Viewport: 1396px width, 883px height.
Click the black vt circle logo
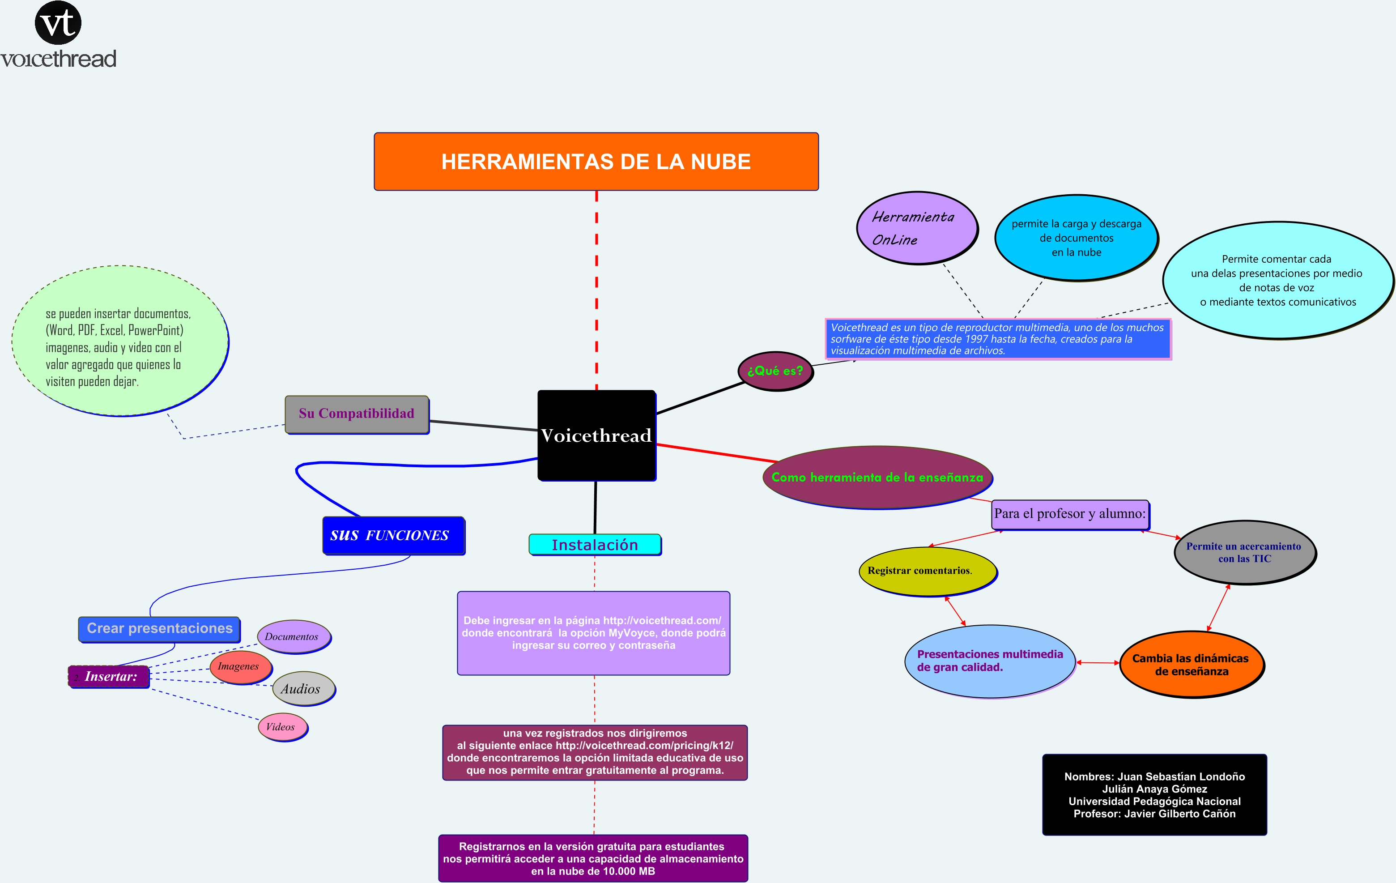pos(58,23)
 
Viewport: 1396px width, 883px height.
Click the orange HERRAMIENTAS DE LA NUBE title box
pos(596,161)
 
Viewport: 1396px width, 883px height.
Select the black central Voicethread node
pos(596,435)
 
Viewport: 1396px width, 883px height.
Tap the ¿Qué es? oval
pos(775,371)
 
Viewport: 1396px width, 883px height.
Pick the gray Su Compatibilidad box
pos(357,414)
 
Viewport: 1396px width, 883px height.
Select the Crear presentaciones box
pos(159,628)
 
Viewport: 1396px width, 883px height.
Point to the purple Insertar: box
pos(109,677)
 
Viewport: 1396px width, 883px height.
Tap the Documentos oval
pos(294,636)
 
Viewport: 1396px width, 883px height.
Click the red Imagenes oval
pos(240,667)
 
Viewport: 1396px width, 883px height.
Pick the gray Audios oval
pos(303,689)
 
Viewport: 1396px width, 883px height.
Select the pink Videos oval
pos(282,727)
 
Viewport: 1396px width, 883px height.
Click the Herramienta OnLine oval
pos(916,228)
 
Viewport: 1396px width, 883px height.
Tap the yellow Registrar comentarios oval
pos(926,571)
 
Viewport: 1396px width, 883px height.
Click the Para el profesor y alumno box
pos(1070,514)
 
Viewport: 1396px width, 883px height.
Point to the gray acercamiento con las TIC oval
pos(1244,553)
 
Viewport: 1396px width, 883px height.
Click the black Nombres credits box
pos(1154,794)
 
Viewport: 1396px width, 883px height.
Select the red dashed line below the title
pos(596,290)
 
